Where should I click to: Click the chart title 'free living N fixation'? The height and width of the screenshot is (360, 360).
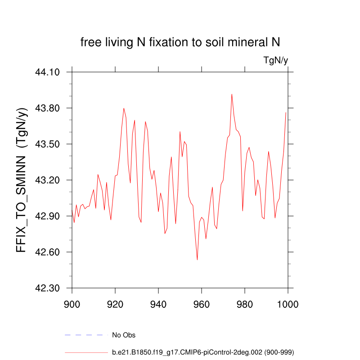(x=180, y=43)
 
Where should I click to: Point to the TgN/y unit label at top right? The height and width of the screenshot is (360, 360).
(x=275, y=61)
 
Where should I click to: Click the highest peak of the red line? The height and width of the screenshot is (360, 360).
(x=232, y=94)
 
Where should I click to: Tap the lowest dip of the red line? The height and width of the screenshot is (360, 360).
(x=197, y=260)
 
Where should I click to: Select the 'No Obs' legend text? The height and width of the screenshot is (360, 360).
(x=124, y=335)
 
